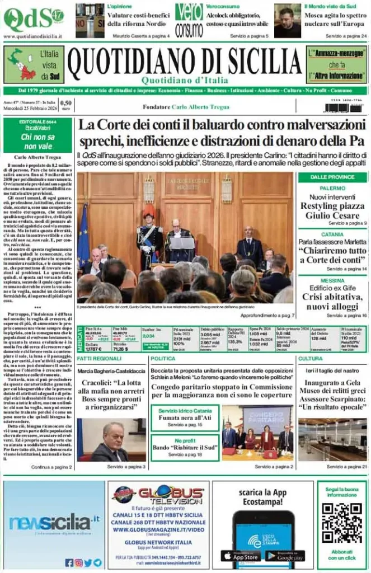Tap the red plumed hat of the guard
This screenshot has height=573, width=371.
click(x=148, y=210)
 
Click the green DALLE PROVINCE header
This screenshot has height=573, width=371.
click(x=332, y=177)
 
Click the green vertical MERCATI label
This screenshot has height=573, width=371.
click(x=79, y=338)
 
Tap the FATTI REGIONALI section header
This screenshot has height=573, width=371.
click(x=100, y=358)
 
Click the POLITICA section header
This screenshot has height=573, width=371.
click(x=163, y=358)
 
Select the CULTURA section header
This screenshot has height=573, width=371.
click(x=310, y=358)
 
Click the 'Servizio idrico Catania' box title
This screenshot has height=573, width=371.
click(x=184, y=411)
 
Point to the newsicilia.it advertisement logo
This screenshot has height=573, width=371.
click(x=54, y=523)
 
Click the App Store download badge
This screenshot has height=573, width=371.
click(x=241, y=556)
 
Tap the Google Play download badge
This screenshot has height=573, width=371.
click(x=285, y=556)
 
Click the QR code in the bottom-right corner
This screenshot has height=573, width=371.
click(x=342, y=523)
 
